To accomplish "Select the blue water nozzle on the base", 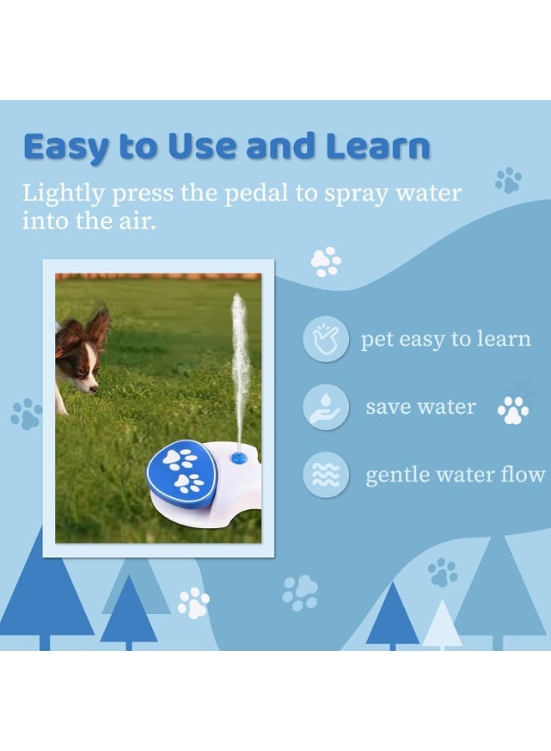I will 239,456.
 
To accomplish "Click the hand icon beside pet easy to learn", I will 326,340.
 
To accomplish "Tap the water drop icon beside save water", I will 326,407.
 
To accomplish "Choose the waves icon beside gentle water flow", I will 326,475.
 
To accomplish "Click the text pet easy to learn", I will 446,340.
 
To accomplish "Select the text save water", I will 421,407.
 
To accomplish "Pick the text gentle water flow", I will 455,476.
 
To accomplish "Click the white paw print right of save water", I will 513,410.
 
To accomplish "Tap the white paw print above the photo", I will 326,261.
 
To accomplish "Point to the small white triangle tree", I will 442,626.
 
